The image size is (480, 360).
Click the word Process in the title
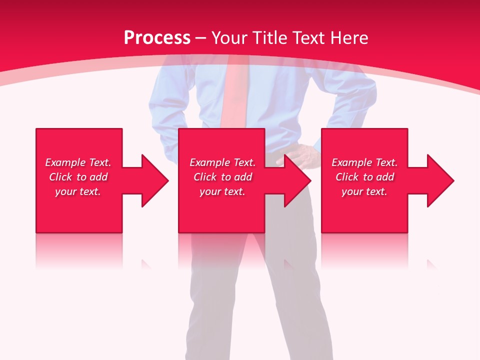[157, 38]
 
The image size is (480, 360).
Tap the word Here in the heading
[350, 38]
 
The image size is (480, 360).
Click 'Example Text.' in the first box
[78, 162]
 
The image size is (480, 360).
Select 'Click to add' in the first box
[78, 177]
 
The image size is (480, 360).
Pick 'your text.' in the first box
[78, 191]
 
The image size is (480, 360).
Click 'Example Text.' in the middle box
[222, 162]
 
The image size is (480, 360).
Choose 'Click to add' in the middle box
[222, 177]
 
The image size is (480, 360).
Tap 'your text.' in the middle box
[222, 191]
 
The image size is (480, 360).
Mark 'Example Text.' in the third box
[364, 162]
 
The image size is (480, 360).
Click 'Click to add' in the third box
[364, 177]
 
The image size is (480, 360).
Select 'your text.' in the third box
[364, 191]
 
